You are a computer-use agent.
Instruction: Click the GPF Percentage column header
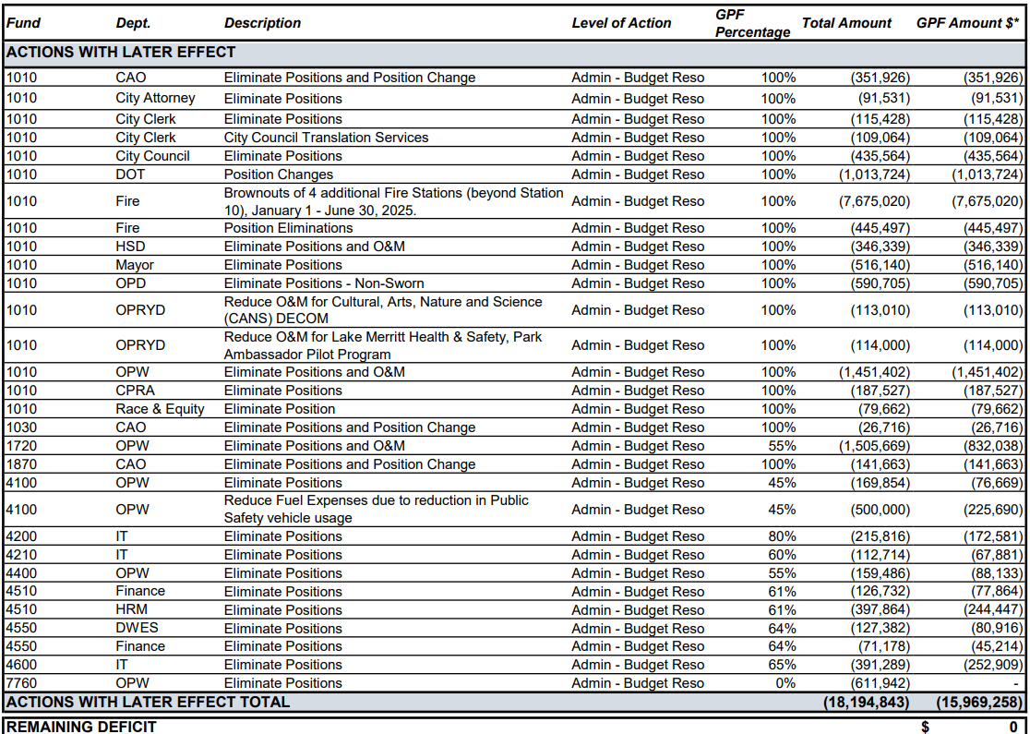click(x=752, y=23)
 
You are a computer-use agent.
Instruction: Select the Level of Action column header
click(x=621, y=23)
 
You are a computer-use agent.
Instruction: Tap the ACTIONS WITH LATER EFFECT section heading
click(x=121, y=53)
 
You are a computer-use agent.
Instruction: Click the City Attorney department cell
click(x=155, y=99)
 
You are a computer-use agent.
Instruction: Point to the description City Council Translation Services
click(x=326, y=138)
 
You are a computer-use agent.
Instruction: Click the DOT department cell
click(x=131, y=174)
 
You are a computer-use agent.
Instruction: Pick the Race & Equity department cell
click(x=160, y=409)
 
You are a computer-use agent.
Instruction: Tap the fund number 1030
click(x=22, y=427)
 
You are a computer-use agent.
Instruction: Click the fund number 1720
click(x=22, y=446)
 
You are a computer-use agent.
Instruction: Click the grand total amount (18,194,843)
click(x=867, y=703)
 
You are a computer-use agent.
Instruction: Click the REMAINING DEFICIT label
click(x=81, y=727)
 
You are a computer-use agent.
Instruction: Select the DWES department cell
click(x=137, y=628)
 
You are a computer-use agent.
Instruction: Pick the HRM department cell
click(x=131, y=609)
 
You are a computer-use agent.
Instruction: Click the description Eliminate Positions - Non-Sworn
click(x=324, y=283)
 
